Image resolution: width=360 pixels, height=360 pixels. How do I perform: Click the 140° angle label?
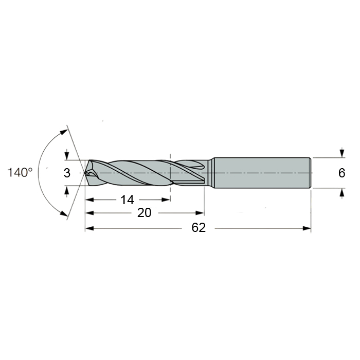point(20,172)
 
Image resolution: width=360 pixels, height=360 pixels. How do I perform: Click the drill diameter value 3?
point(67,173)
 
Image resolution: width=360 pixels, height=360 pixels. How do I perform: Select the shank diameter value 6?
point(341,173)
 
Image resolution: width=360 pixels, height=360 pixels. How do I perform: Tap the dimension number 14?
point(127,200)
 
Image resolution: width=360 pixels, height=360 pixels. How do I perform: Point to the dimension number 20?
point(144,213)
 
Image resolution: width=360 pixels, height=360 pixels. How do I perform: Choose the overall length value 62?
point(199,228)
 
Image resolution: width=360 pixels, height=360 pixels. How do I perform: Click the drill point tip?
point(85,173)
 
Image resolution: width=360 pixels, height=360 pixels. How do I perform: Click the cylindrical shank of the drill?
point(262,173)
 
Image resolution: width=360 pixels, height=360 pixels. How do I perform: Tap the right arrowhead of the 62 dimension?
point(307,228)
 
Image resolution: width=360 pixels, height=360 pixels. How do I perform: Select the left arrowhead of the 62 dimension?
point(89,228)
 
